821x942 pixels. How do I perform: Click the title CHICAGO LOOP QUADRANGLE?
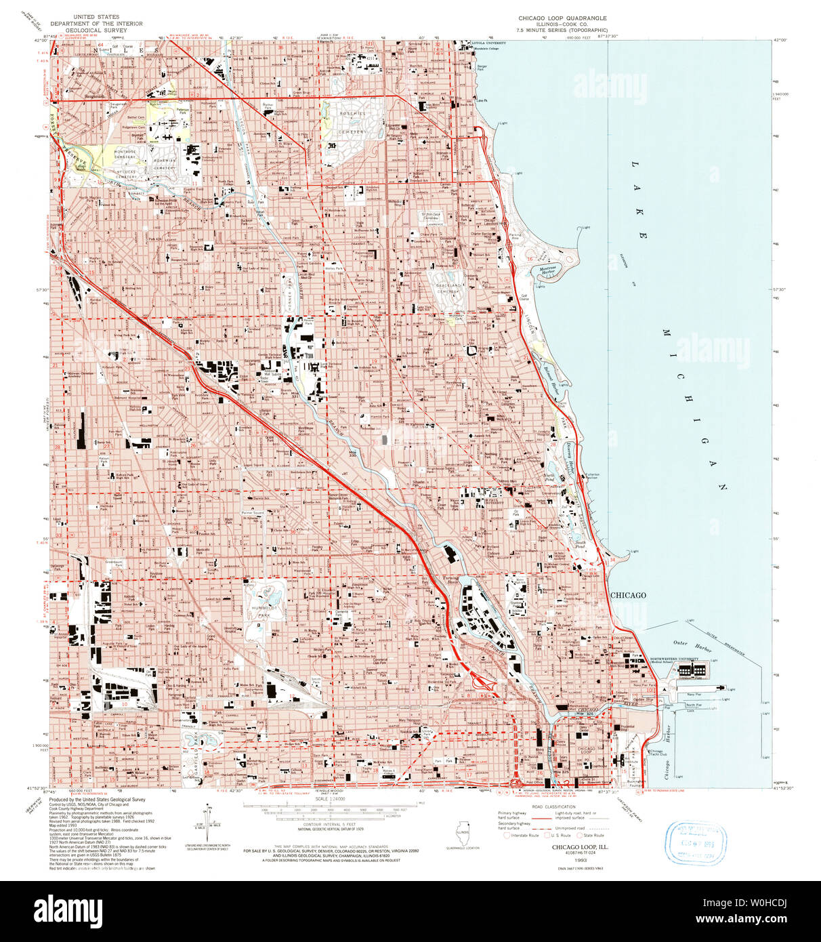coord(562,18)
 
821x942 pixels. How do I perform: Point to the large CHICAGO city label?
coord(628,595)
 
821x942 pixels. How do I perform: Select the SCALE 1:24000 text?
coord(330,800)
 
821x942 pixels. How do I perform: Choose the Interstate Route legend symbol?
coord(507,836)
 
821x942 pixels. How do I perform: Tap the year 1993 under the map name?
coord(580,859)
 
